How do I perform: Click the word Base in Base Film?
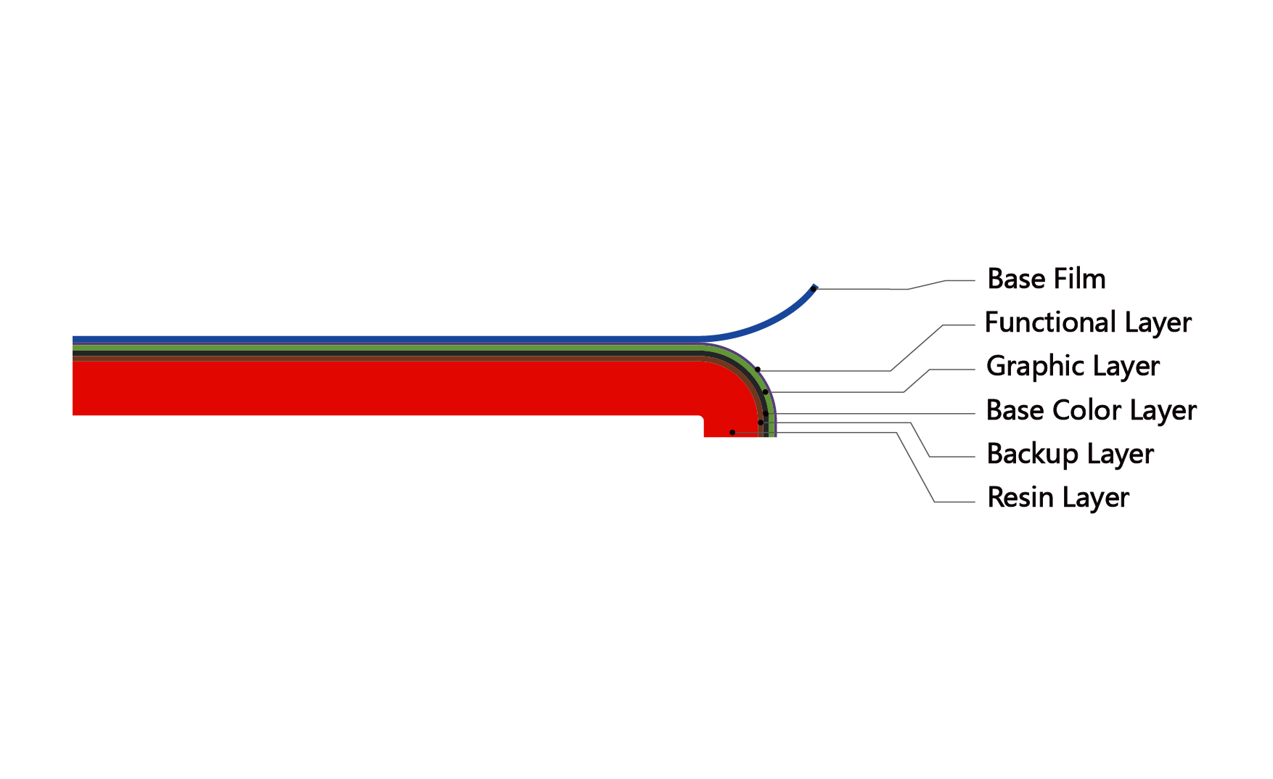click(1015, 279)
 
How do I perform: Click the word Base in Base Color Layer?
click(1015, 410)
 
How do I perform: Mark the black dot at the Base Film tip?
click(813, 289)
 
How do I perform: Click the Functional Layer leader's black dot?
click(758, 370)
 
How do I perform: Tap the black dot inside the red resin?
click(732, 433)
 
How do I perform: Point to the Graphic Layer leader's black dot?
click(765, 392)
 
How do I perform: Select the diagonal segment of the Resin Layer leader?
click(916, 467)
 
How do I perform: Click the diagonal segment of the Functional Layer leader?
click(917, 348)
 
